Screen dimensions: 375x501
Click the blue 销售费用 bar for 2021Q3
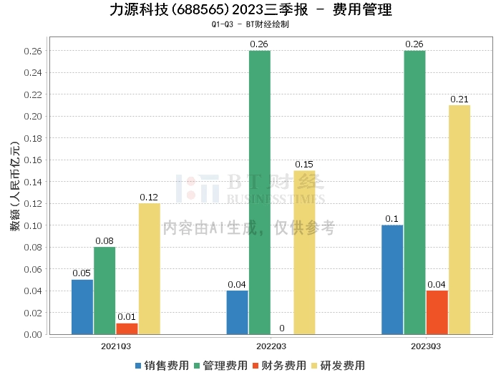click(x=82, y=306)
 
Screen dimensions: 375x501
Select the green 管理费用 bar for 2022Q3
click(x=259, y=192)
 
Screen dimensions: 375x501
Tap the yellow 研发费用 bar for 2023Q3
click(x=459, y=220)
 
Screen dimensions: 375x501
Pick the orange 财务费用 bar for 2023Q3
click(x=437, y=312)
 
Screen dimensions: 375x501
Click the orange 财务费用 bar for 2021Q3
click(x=127, y=328)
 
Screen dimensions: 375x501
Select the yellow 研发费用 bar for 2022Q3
click(x=304, y=252)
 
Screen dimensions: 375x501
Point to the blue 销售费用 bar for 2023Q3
click(x=392, y=279)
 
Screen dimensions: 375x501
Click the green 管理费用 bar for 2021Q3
click(x=104, y=290)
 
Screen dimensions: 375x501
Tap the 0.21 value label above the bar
click(x=459, y=99)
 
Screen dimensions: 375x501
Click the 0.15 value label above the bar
click(x=304, y=164)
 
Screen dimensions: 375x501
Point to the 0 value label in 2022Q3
click(x=282, y=328)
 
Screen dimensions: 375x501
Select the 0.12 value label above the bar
click(x=149, y=197)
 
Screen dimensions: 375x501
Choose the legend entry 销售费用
click(x=162, y=365)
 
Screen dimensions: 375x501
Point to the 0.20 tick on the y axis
click(x=32, y=116)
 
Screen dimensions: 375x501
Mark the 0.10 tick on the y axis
click(x=32, y=225)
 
